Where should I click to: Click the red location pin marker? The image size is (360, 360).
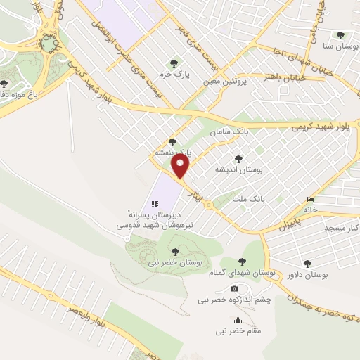(181, 167)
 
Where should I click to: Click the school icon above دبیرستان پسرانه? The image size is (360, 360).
(155, 203)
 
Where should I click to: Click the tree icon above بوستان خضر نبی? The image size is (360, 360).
(175, 251)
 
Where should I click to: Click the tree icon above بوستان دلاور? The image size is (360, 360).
(308, 264)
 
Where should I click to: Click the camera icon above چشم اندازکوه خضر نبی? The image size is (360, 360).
(234, 289)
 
